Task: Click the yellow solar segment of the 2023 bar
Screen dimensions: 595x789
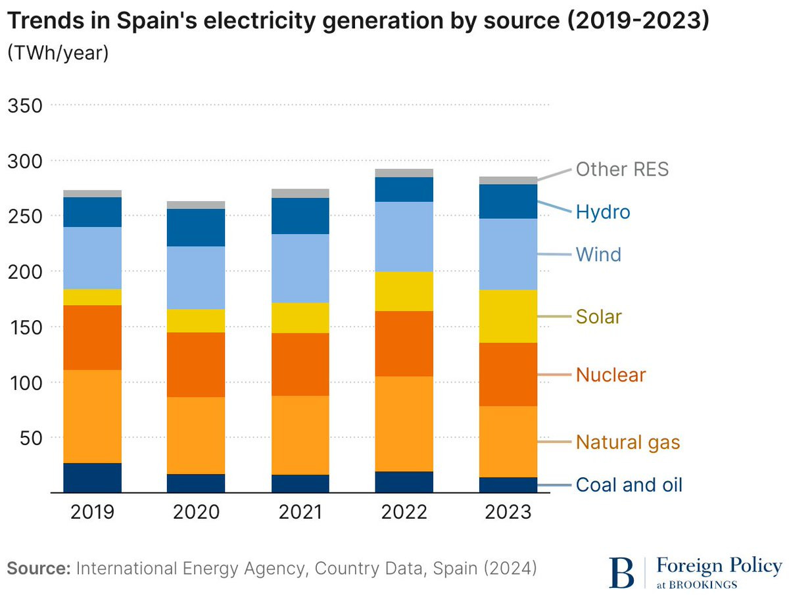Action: tap(508, 316)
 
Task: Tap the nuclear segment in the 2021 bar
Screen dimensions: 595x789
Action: tap(300, 364)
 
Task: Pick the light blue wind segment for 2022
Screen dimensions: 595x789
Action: tap(404, 237)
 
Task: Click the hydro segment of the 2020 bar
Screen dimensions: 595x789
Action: tap(196, 227)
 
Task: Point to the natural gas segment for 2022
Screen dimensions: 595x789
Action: tap(404, 424)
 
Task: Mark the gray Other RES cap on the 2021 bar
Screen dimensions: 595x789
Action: tap(300, 193)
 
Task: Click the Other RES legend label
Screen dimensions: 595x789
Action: tap(622, 169)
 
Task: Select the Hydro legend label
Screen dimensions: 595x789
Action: tap(602, 212)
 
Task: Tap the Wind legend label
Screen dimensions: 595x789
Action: tap(598, 254)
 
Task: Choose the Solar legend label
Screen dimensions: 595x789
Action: tap(598, 317)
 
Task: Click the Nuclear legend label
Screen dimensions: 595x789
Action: tap(611, 375)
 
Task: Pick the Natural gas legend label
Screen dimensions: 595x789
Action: tap(627, 442)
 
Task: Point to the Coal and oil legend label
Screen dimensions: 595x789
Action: tap(629, 485)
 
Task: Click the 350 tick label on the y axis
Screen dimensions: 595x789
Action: tap(24, 105)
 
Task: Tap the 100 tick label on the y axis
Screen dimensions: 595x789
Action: tap(24, 382)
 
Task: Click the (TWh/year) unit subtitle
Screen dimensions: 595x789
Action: tap(57, 54)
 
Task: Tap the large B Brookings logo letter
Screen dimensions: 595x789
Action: tap(622, 572)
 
